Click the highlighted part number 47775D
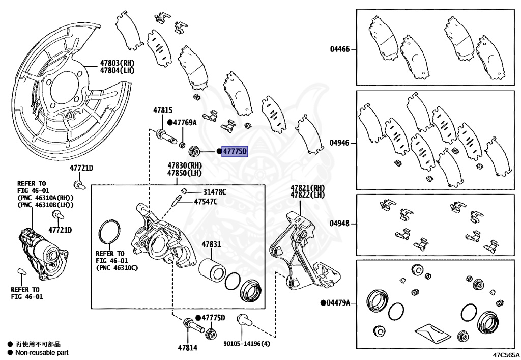pos(235,151)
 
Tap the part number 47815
pos(163,110)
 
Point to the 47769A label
pos(185,123)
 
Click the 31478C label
pos(214,192)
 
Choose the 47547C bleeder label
pos(206,202)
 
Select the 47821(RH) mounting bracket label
pos(307,188)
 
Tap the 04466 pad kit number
pos(339,49)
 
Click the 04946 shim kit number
pos(339,143)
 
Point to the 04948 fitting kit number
pos(339,224)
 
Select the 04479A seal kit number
pos(338,303)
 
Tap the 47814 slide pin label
pos(187,348)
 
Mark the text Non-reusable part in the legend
pos(41,352)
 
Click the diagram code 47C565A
pos(506,354)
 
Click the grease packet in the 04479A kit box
pos(431,334)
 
